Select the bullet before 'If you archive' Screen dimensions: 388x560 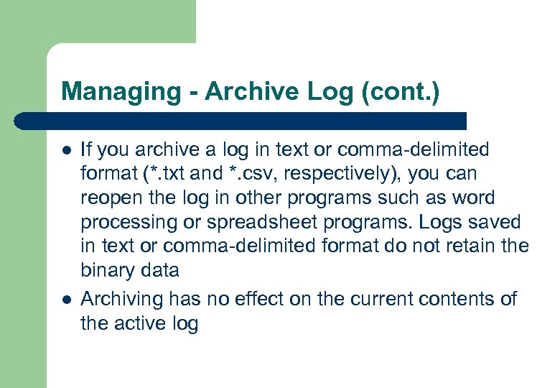(x=66, y=151)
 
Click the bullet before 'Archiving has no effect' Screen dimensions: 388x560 (x=66, y=299)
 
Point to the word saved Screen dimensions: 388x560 (x=498, y=223)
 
